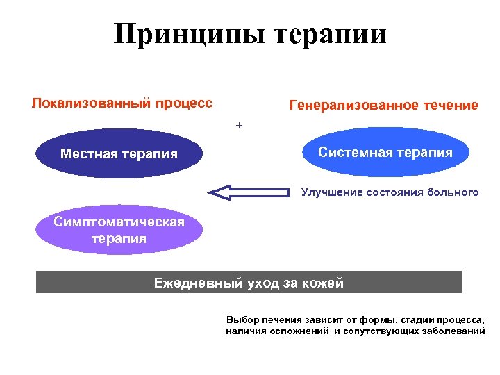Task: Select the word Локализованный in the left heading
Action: point(91,103)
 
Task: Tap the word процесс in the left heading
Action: point(183,103)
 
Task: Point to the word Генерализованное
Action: point(354,106)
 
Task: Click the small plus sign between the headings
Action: point(240,126)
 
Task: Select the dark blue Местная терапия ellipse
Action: point(119,153)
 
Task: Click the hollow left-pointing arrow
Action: point(250,192)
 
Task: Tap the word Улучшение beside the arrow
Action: point(331,192)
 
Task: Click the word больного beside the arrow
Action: point(453,192)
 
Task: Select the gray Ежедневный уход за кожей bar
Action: point(249,282)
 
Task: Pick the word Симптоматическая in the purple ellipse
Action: point(119,222)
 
